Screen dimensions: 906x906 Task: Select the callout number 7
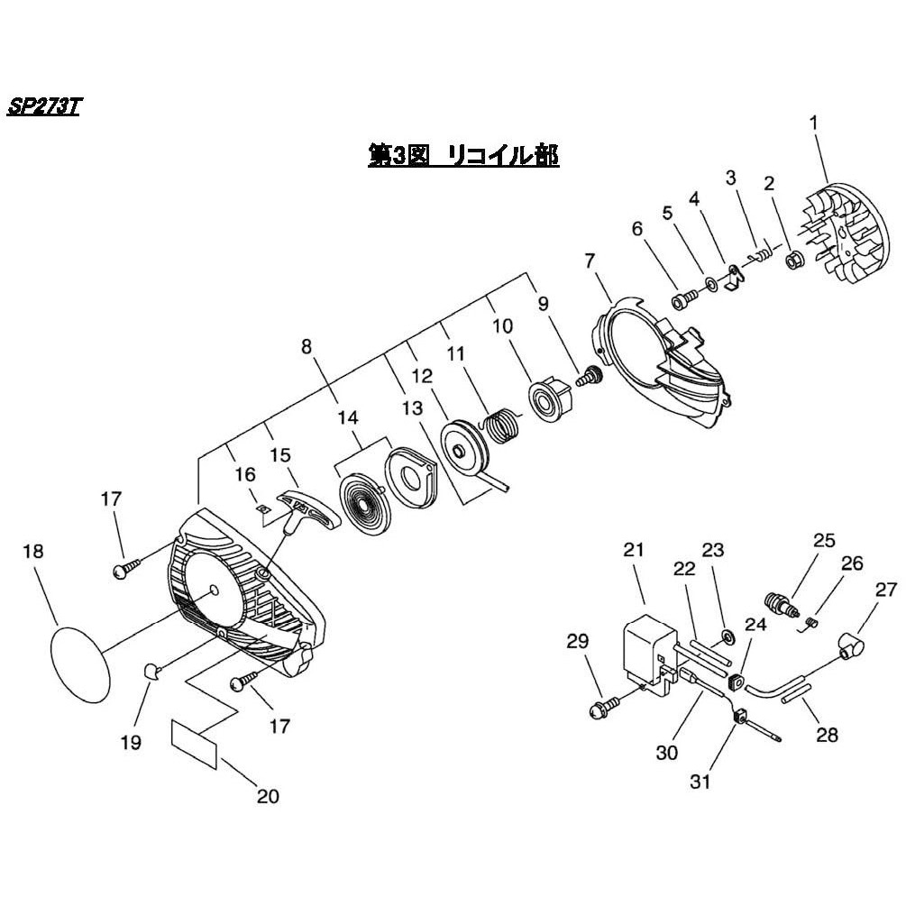[x=590, y=261]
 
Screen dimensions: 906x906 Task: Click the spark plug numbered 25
[x=776, y=601]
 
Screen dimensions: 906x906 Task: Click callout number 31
[x=700, y=782]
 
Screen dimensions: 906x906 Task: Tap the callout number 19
[x=132, y=742]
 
